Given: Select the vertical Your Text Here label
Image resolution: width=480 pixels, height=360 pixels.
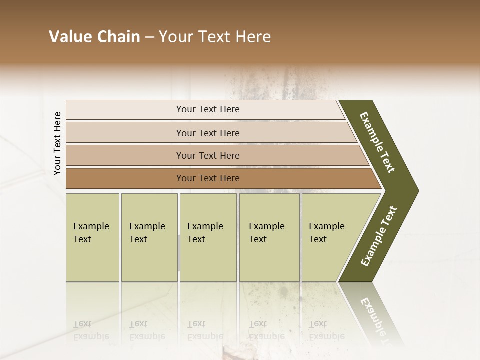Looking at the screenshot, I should tap(57, 144).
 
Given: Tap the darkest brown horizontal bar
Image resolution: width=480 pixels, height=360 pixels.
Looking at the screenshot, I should tap(125, 178).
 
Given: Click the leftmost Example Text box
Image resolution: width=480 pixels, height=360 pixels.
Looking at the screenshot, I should tap(92, 237).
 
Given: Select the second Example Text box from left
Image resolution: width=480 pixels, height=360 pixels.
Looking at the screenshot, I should tap(149, 237).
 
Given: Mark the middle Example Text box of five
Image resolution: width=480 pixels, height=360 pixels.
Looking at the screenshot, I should tap(208, 237).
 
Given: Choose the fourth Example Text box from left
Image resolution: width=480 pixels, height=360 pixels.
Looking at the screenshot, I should tap(269, 237).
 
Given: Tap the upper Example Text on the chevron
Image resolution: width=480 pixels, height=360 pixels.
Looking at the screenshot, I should tap(377, 142).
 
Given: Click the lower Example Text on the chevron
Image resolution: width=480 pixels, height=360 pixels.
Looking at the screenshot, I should tap(378, 236).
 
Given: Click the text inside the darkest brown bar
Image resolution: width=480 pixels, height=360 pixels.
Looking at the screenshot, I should tap(208, 178).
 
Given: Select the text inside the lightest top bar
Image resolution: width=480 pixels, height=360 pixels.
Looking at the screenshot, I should tap(208, 109).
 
